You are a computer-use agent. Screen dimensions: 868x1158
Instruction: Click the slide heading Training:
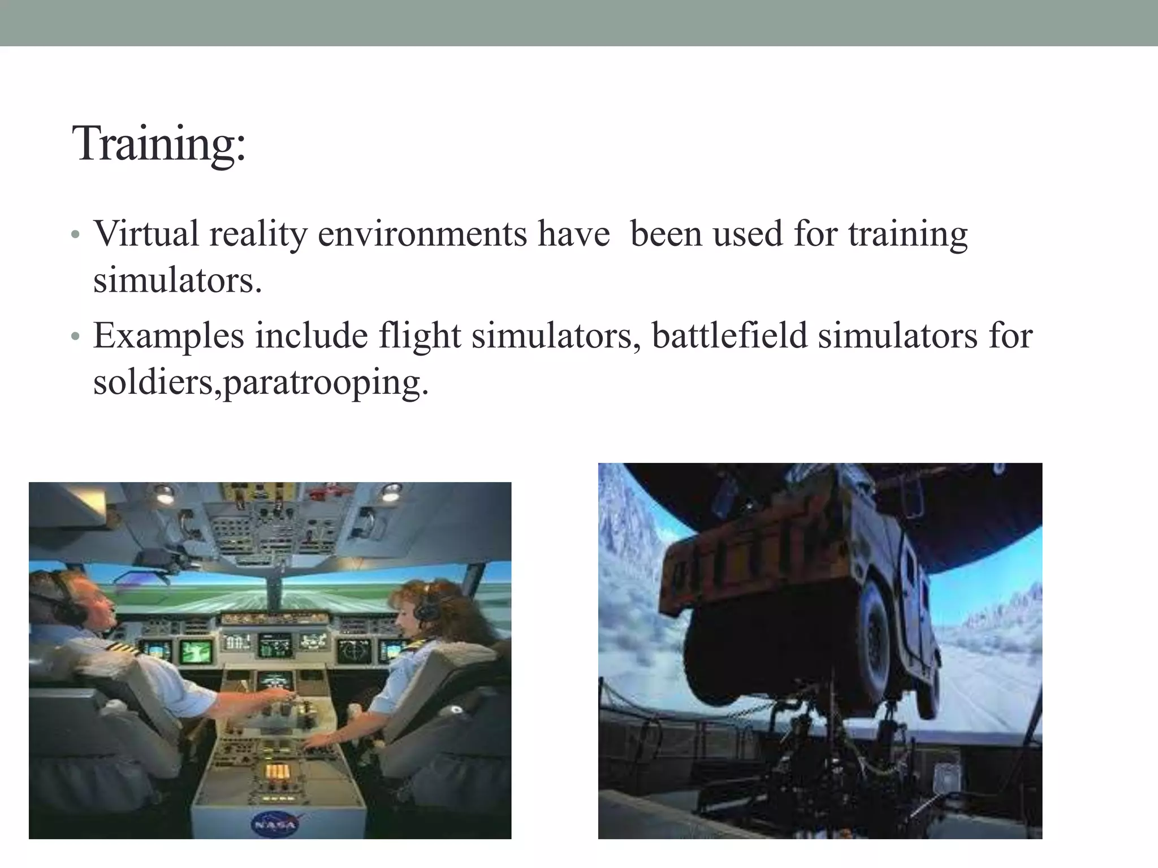tap(159, 144)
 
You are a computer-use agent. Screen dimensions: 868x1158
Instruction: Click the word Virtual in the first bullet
tap(146, 233)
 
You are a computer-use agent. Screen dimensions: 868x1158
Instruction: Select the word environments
tap(422, 233)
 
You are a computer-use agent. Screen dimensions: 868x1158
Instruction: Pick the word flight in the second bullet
tap(420, 336)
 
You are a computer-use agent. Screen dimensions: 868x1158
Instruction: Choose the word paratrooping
tap(326, 383)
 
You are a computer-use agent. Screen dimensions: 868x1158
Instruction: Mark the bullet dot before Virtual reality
tap(75, 235)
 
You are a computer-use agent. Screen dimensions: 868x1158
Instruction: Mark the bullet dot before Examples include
tap(75, 337)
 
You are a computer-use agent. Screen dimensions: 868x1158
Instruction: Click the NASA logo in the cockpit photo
tap(274, 824)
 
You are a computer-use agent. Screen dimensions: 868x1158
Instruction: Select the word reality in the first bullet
tap(258, 233)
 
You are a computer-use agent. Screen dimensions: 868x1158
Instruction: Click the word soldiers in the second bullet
tap(153, 383)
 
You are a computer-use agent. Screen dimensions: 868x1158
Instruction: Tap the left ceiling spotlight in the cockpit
tap(165, 494)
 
